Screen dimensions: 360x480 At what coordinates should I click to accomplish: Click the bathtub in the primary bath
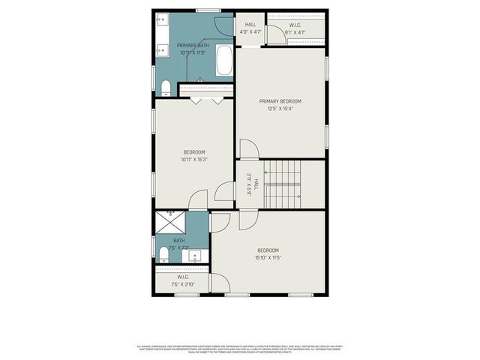(x=224, y=61)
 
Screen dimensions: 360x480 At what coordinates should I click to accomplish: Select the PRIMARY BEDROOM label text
(x=280, y=101)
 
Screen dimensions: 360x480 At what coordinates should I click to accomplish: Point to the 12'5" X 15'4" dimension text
(x=280, y=109)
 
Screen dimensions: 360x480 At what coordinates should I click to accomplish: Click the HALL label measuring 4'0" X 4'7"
(x=250, y=25)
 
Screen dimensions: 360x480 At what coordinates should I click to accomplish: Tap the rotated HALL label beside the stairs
(x=256, y=184)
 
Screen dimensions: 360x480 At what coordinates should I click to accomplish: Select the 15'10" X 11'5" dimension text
(x=268, y=258)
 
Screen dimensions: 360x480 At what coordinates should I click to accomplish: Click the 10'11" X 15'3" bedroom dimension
(x=194, y=159)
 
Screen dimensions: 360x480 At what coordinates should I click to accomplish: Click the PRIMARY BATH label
(x=193, y=46)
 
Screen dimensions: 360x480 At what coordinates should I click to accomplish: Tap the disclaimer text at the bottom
(x=240, y=349)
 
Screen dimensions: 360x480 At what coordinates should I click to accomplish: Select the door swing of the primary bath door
(x=223, y=24)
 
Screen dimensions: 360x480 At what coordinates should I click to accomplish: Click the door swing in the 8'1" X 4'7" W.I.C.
(x=274, y=36)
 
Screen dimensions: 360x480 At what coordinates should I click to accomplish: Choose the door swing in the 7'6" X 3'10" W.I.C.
(x=220, y=283)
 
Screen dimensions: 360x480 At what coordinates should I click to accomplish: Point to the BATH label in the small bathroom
(x=179, y=241)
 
